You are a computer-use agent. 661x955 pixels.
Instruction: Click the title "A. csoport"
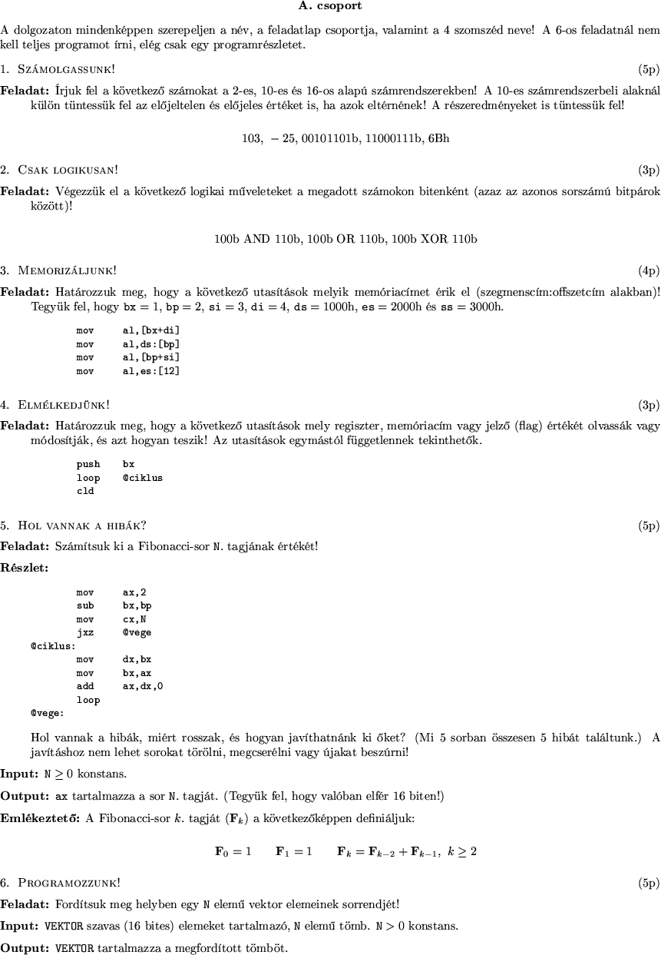pos(330,6)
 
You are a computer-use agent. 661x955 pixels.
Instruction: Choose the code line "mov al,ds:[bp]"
pos(128,344)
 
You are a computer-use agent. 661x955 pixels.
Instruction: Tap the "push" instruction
pos(88,464)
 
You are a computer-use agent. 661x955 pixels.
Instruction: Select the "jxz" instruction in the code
pos(85,632)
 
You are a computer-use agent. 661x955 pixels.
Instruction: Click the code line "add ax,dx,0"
pos(120,686)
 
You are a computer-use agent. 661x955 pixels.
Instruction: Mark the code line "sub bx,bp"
pos(114,605)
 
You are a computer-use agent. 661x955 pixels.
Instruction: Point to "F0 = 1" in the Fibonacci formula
pos(233,851)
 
